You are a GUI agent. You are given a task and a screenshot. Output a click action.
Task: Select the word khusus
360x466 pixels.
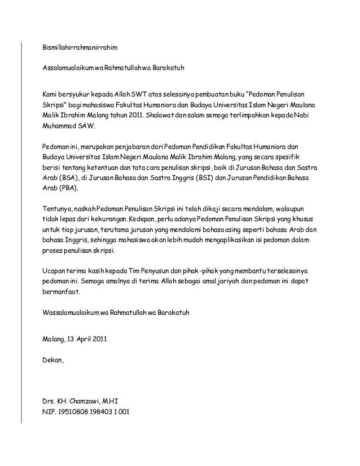[x=304, y=218]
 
